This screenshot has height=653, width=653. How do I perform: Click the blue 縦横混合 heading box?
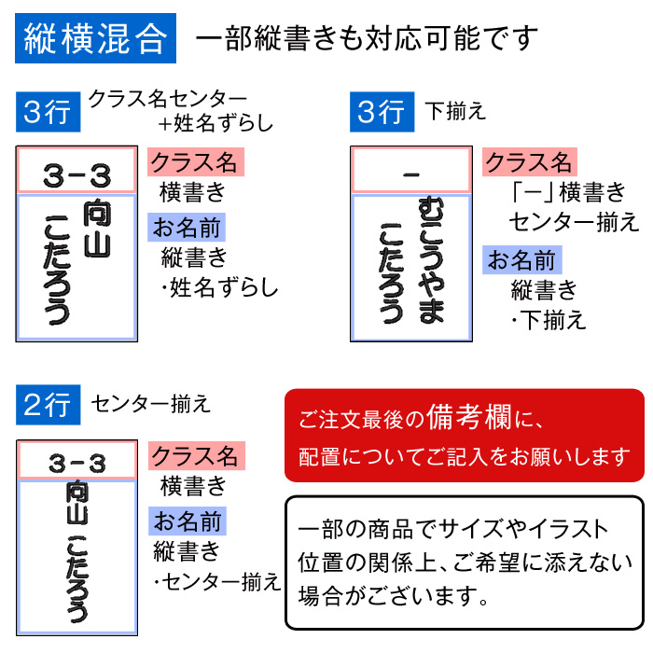96,38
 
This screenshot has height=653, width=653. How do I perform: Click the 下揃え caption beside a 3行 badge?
455,111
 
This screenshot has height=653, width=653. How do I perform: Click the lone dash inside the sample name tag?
410,174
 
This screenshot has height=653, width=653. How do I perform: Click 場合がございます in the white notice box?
392,592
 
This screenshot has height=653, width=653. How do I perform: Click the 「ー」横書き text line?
569,193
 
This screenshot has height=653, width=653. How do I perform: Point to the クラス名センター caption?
168,98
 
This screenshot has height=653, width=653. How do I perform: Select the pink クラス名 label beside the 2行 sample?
196,456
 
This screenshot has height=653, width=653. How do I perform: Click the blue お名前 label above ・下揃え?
522,259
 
